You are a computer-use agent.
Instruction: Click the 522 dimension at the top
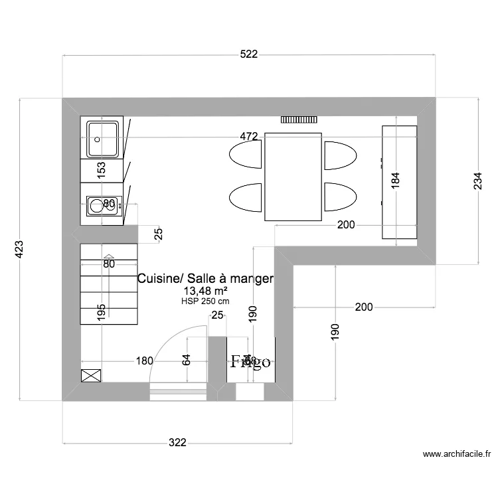click(249, 54)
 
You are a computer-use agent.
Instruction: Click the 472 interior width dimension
click(248, 137)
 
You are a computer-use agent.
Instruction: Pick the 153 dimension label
click(102, 170)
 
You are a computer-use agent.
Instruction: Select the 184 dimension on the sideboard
click(396, 181)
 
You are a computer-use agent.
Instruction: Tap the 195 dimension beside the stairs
click(101, 312)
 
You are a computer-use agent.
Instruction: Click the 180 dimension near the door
click(144, 361)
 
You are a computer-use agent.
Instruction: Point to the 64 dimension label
click(187, 361)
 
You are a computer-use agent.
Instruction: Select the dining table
click(293, 177)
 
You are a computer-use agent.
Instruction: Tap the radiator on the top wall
click(299, 120)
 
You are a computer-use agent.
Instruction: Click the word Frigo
click(250, 362)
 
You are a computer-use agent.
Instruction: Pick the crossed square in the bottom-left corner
click(89, 376)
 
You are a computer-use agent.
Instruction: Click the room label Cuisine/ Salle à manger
click(205, 279)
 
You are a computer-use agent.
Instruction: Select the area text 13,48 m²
click(206, 291)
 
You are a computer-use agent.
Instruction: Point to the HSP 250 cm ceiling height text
click(205, 301)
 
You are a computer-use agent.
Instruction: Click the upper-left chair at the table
click(246, 154)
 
